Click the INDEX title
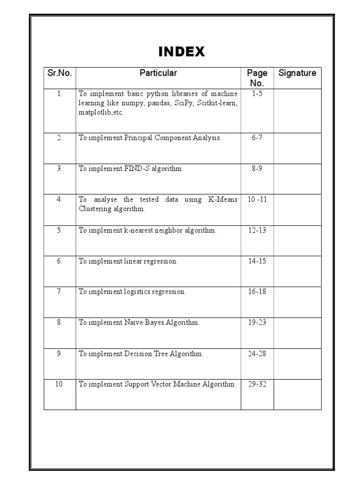[x=182, y=52]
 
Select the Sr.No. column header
[x=60, y=73]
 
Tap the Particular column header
[x=158, y=73]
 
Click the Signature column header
[x=297, y=73]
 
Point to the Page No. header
[x=257, y=78]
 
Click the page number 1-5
[x=257, y=94]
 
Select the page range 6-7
[x=257, y=138]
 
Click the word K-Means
[x=223, y=199]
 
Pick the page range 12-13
[x=257, y=230]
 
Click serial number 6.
[x=60, y=261]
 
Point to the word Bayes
[x=159, y=323]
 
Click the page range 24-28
[x=257, y=353]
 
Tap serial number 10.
[x=60, y=384]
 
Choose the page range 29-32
[x=257, y=384]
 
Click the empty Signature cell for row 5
[x=297, y=240]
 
